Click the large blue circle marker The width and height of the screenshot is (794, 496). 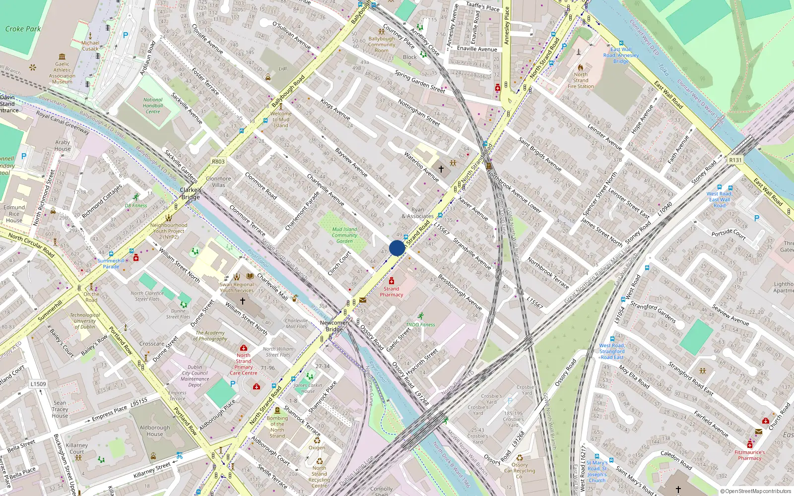click(397, 248)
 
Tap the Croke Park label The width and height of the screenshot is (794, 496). click(23, 29)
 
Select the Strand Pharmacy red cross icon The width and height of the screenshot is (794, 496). click(392, 281)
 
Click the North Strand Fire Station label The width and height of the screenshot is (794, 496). click(581, 80)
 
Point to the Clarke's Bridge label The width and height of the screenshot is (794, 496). click(191, 193)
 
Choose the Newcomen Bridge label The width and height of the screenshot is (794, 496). click(334, 326)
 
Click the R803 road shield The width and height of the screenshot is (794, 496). click(218, 162)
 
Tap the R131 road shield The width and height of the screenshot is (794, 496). click(735, 160)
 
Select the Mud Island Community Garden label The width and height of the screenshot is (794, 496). click(344, 235)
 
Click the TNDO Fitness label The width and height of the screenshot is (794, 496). click(420, 325)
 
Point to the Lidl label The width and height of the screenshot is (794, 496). click(283, 69)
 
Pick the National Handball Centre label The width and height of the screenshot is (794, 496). click(153, 106)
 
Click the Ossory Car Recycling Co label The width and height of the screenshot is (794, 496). click(520, 471)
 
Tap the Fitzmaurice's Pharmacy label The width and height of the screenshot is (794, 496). click(749, 455)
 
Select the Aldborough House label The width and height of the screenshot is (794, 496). click(155, 431)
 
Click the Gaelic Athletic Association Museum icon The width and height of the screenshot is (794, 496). click(62, 57)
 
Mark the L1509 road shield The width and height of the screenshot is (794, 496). click(38, 384)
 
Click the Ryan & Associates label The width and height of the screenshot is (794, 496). click(418, 213)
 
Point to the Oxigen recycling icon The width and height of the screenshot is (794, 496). click(317, 440)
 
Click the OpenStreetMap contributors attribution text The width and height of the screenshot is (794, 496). click(758, 492)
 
